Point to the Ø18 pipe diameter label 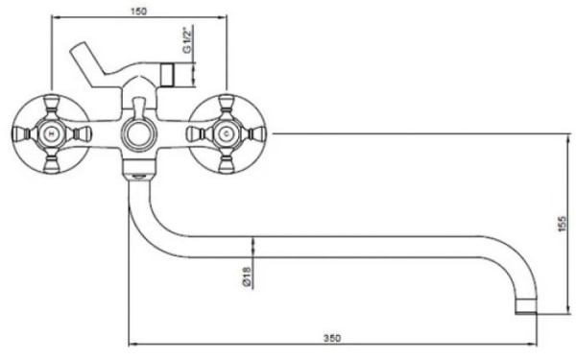pyautogui.click(x=247, y=277)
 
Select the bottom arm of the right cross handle pyautogui.click(x=226, y=164)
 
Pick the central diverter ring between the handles pyautogui.click(x=137, y=133)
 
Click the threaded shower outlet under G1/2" pyautogui.click(x=173, y=73)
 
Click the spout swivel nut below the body pyautogui.click(x=137, y=173)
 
